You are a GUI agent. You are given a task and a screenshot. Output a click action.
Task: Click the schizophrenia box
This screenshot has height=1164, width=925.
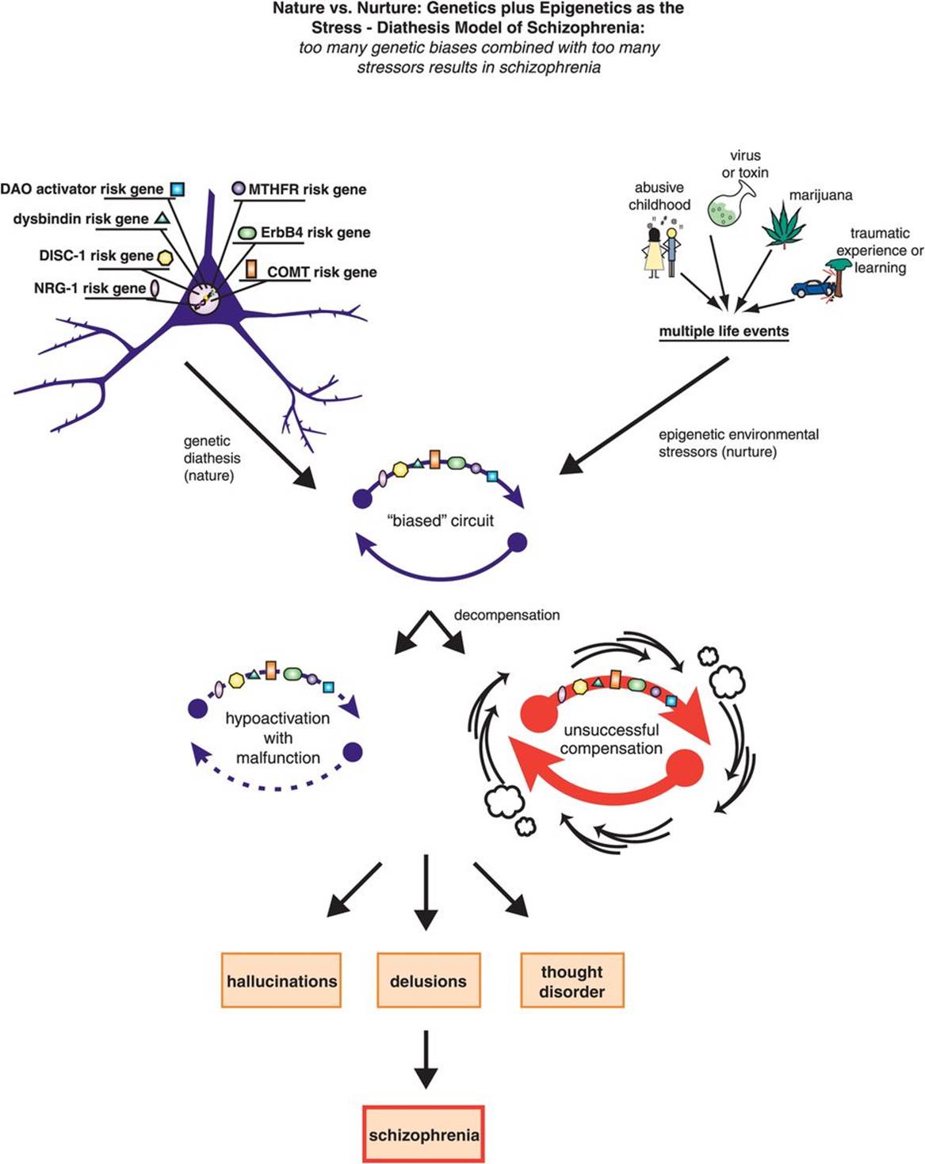coord(423,1134)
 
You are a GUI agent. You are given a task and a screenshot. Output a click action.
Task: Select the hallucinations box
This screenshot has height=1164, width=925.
coord(281,980)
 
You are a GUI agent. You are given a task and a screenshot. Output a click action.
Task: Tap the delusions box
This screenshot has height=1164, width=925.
coord(428,980)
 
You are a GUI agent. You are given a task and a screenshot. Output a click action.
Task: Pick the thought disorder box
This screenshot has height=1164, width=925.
coord(571,980)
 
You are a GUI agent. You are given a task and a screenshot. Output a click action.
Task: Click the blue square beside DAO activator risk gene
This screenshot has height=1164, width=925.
coord(178,189)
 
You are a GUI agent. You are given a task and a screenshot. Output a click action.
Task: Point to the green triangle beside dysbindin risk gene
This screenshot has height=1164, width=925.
coord(161,217)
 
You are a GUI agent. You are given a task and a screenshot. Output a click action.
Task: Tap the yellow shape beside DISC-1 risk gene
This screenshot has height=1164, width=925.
coord(165,256)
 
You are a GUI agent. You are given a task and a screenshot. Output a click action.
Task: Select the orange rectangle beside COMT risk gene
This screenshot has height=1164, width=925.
coord(251,269)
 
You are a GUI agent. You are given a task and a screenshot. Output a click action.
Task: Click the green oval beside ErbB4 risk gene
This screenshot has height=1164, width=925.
coord(247,233)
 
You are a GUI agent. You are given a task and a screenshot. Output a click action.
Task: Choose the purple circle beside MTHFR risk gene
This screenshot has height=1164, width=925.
coord(238,189)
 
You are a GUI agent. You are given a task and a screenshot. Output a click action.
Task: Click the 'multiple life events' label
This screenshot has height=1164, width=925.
coord(724,331)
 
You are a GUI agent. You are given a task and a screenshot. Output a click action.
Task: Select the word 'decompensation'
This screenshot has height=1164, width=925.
coord(506,615)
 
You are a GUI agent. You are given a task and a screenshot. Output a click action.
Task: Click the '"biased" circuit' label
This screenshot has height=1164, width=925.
coord(440,521)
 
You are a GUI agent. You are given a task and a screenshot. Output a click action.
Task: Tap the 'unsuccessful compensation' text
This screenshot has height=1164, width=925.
coord(611,739)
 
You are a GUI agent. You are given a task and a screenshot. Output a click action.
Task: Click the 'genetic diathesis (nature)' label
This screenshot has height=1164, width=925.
coord(212,458)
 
